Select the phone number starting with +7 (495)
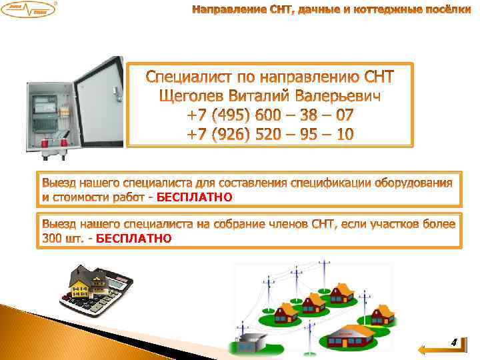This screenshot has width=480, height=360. coord(270,116)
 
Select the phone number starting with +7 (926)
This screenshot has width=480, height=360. coord(270,135)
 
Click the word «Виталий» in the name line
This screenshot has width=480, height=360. coord(269,97)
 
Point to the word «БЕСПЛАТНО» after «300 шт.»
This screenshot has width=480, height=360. coord(134,237)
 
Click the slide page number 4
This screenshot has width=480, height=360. coord(453,343)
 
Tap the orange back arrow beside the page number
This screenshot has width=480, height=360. coord(429,348)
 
